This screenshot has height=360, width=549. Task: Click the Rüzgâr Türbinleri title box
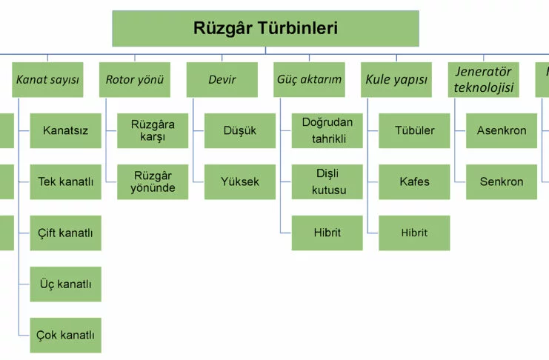(x=265, y=29)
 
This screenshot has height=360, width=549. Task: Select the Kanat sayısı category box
(x=47, y=80)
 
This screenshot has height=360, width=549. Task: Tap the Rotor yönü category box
(x=134, y=80)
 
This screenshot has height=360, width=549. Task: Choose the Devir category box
(x=222, y=80)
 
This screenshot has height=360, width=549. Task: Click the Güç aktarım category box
(x=309, y=80)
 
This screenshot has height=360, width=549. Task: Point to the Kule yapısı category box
(x=396, y=80)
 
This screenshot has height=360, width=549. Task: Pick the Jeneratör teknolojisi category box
(x=483, y=80)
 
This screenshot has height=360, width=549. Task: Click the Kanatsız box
(x=65, y=131)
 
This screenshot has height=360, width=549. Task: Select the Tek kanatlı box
(x=65, y=182)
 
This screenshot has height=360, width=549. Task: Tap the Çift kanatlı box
(x=65, y=233)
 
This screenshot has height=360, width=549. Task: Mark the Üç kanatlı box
(x=65, y=284)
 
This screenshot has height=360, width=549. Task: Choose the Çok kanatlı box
(x=65, y=335)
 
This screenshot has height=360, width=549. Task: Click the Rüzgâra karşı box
(x=153, y=131)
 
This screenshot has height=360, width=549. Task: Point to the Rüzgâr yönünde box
(x=153, y=182)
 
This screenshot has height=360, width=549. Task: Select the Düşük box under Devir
(x=240, y=131)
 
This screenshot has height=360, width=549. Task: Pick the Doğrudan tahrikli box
(x=327, y=131)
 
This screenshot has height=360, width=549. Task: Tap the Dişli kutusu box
(x=327, y=182)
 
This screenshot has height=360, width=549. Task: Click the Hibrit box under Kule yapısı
(x=414, y=233)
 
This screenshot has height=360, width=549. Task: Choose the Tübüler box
(x=414, y=131)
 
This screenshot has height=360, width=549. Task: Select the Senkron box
(x=502, y=182)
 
